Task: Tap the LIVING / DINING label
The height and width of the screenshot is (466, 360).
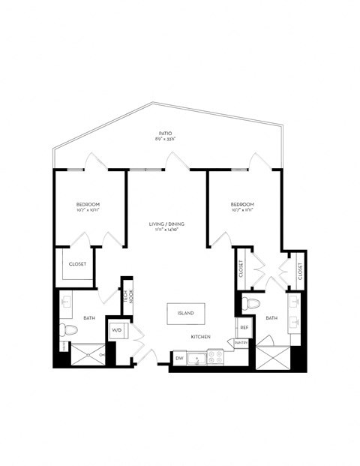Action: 166,224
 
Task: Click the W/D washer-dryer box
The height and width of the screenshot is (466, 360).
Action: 118,330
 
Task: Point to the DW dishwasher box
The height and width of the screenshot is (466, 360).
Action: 179,359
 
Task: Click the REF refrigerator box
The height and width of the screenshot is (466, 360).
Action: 244,328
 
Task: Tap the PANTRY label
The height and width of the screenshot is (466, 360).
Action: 241,343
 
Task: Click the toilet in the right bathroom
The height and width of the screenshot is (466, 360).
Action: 251,305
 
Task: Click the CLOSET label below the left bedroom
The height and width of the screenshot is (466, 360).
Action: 78,264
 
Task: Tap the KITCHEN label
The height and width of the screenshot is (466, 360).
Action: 199,337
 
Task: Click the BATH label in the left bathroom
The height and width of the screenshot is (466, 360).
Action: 88,318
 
